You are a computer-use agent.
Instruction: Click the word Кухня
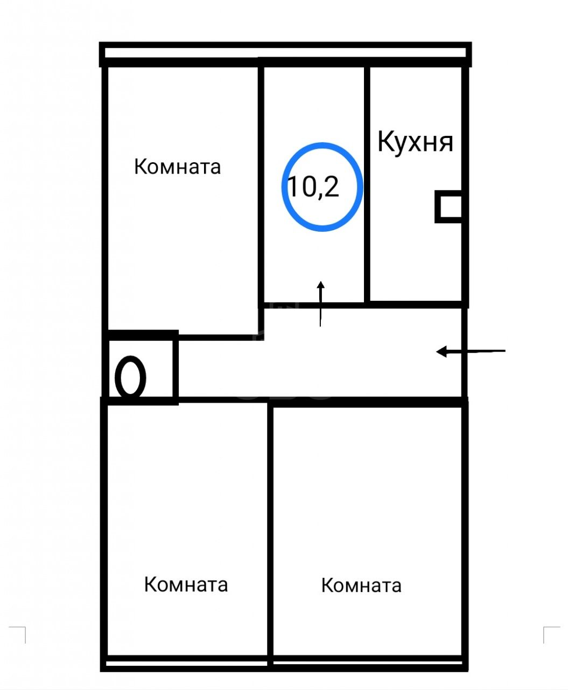point(415,142)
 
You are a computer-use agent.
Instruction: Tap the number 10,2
point(313,187)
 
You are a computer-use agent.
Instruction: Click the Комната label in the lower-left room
point(186,584)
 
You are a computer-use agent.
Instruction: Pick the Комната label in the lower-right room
point(361,585)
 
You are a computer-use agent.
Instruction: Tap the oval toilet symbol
point(130,378)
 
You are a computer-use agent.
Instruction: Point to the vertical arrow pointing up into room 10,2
point(320,303)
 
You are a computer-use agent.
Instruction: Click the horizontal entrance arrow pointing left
point(471,351)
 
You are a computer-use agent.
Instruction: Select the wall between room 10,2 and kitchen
point(367,184)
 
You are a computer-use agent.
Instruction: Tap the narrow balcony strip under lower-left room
point(186,663)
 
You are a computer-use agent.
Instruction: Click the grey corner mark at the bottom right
point(551,635)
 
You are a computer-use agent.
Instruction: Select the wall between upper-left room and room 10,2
point(261,198)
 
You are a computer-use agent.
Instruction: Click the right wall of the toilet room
point(176,368)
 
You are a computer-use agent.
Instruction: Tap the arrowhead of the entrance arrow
point(441,352)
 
